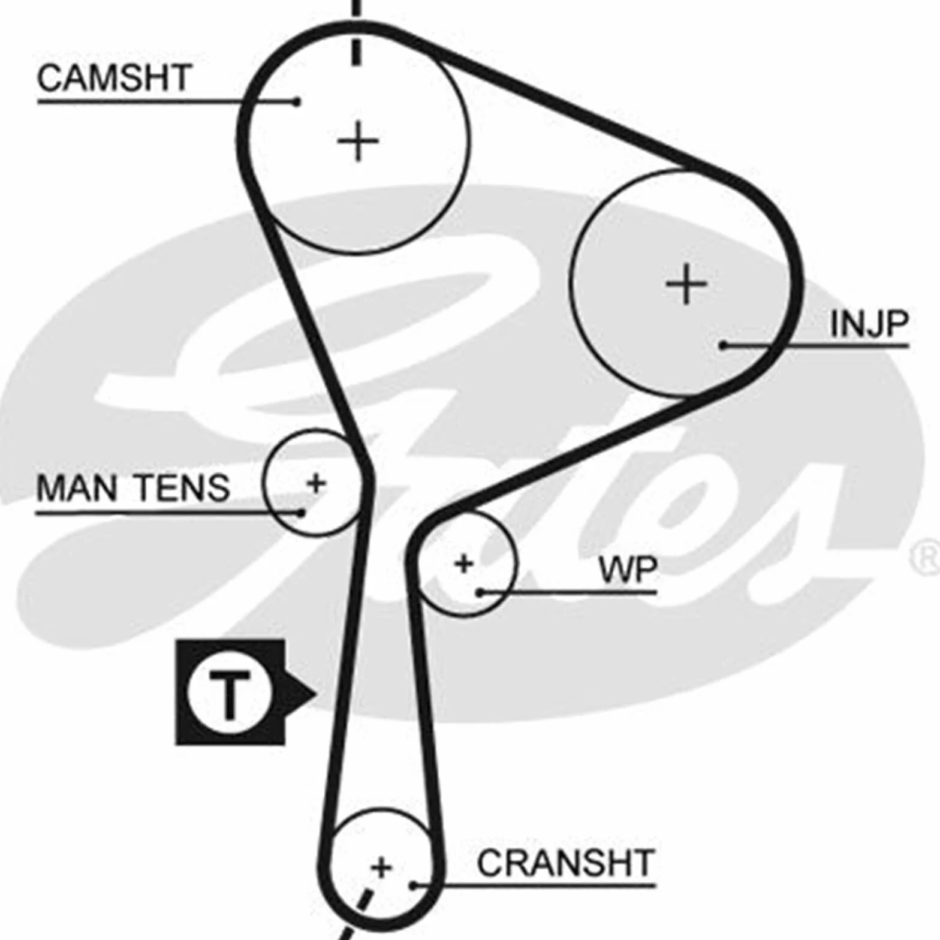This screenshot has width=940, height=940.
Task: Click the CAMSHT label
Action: coord(114,78)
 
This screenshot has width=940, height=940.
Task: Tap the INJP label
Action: coord(869,324)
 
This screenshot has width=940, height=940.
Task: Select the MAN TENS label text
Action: coord(133,487)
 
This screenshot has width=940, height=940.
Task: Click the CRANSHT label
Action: coord(565,863)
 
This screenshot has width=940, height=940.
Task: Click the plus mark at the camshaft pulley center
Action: coord(358,141)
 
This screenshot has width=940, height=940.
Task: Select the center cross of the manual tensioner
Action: coord(316,483)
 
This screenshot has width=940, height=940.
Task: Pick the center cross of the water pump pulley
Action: coord(463,564)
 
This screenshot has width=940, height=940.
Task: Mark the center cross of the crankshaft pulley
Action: coord(381,867)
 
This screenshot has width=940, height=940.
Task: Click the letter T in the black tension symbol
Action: coord(229,694)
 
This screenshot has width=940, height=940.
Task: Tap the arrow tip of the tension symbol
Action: coord(315,694)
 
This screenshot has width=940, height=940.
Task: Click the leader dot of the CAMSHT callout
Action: coord(296,101)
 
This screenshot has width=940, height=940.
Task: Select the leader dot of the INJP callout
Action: coord(724,345)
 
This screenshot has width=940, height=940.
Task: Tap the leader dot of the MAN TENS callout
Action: coord(301,513)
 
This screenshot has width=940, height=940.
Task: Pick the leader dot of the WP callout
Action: coord(480,593)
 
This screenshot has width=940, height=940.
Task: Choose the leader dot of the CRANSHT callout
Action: coord(413,885)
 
